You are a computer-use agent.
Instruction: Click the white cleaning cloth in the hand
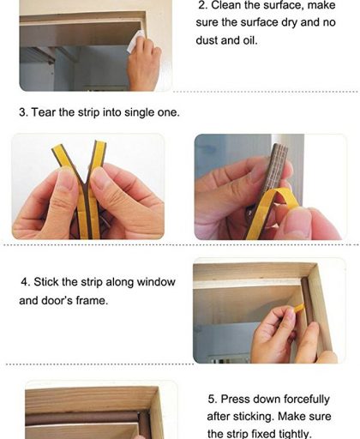pyautogui.click(x=135, y=41)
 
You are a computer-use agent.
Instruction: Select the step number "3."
pyautogui.click(x=23, y=112)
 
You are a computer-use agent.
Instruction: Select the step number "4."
pyautogui.click(x=26, y=282)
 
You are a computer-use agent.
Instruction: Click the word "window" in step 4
pyautogui.click(x=156, y=282)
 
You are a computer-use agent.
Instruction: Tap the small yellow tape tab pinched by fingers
pyautogui.click(x=299, y=308)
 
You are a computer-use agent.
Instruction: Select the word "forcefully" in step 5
pyautogui.click(x=305, y=400)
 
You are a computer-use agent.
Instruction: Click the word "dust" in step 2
pyautogui.click(x=207, y=40)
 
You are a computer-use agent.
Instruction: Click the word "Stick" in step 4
pyautogui.click(x=46, y=282)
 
